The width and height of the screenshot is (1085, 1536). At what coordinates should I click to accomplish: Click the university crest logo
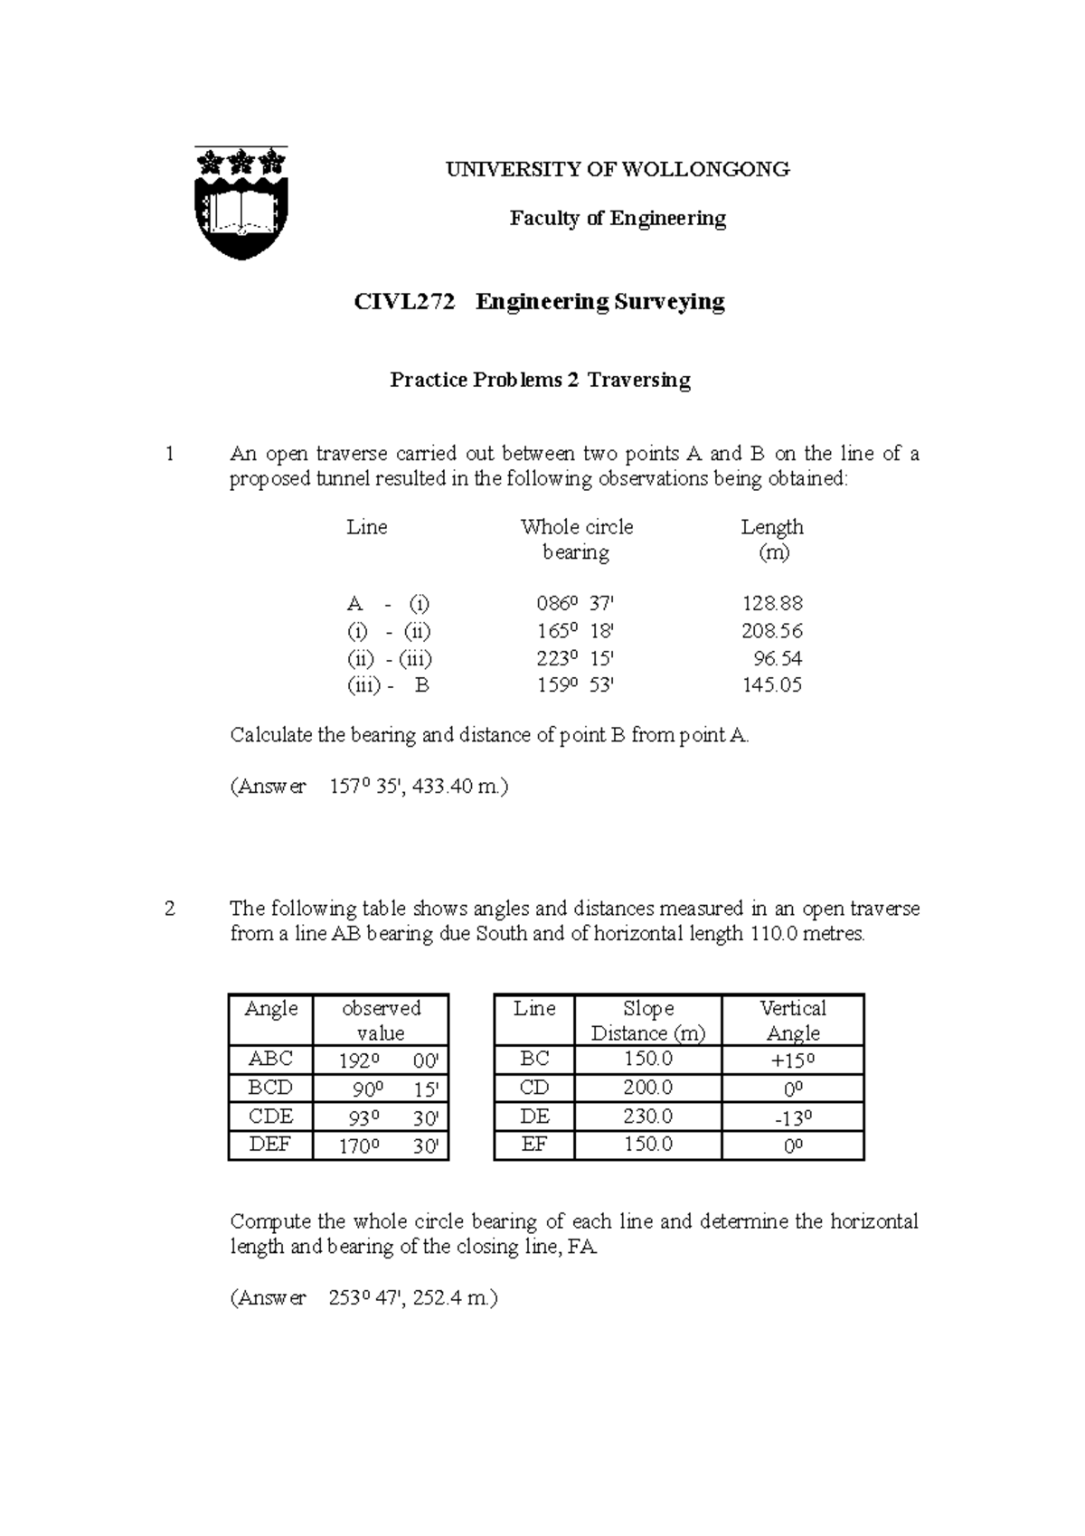241,203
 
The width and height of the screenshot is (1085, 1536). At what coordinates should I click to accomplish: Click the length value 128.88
772,603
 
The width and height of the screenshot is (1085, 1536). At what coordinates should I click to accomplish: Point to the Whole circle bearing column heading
576,539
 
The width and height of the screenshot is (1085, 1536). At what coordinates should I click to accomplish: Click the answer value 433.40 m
459,787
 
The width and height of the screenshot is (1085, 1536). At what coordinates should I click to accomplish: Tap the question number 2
170,909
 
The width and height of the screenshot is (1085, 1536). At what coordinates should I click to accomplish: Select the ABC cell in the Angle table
270,1059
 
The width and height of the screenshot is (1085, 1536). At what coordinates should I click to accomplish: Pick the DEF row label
270,1145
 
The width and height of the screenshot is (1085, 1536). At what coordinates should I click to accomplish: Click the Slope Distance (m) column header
648,1021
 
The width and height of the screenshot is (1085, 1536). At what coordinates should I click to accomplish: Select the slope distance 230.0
647,1117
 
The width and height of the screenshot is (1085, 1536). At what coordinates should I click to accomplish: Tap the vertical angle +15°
793,1060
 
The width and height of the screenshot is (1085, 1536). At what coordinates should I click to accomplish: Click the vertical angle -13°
793,1117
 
